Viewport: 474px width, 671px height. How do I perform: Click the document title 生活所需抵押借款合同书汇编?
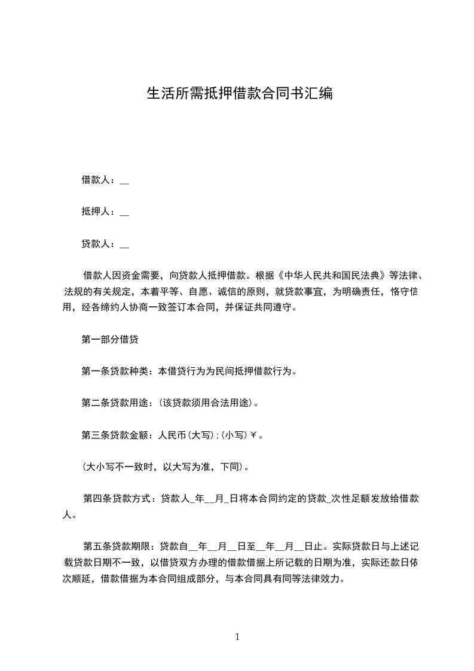(239, 94)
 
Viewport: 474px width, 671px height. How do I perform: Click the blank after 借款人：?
(124, 180)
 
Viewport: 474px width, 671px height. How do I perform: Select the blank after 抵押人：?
(124, 212)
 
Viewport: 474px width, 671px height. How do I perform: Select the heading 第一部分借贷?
(110, 339)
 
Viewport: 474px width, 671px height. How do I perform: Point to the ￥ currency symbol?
(253, 435)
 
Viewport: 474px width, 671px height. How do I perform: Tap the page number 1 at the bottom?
(237, 637)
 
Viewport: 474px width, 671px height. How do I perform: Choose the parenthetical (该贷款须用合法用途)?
(207, 402)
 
